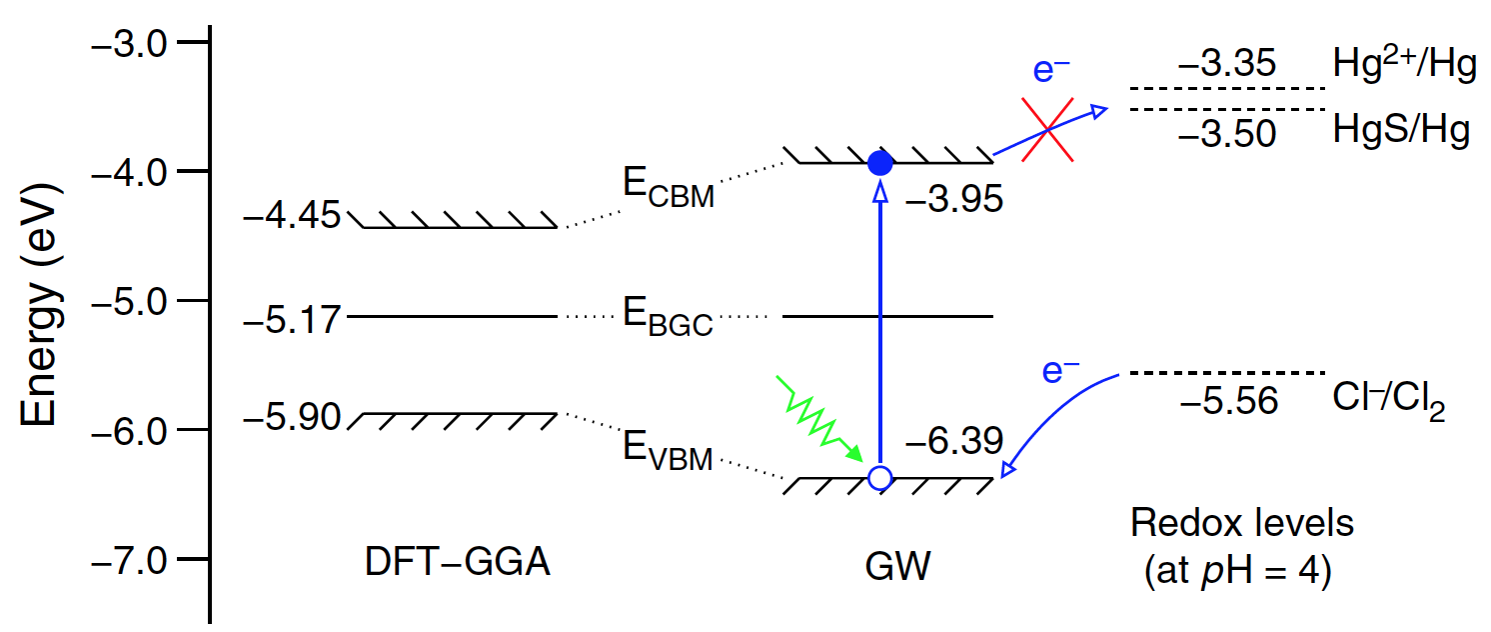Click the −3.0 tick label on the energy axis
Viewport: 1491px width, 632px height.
coord(132,44)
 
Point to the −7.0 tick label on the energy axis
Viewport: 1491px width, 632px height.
coord(132,560)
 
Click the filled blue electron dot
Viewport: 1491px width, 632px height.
coord(879,162)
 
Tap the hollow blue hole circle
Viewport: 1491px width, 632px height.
coord(879,478)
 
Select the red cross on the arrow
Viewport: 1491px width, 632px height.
coord(1046,129)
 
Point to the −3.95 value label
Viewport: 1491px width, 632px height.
coord(952,202)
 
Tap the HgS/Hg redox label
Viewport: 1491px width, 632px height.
coord(1400,131)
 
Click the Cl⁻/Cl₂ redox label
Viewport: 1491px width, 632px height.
coord(1388,404)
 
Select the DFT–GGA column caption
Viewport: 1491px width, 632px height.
coord(458,566)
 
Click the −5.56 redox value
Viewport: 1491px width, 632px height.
coord(1228,403)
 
